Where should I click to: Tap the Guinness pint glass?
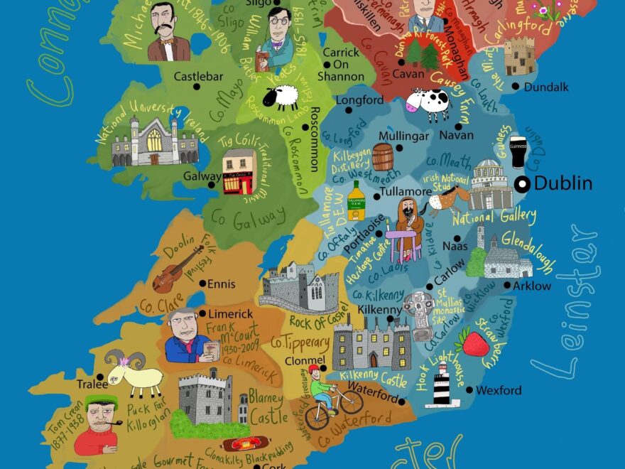pyautogui.click(x=518, y=151)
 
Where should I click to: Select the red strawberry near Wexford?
pyautogui.click(x=475, y=343)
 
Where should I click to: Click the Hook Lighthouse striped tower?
pyautogui.click(x=442, y=384)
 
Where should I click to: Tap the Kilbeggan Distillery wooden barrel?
pyautogui.click(x=383, y=157)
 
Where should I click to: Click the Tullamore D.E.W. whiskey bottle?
pyautogui.click(x=356, y=201)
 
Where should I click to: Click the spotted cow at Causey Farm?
pyautogui.click(x=429, y=103)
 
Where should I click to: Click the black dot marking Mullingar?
pyautogui.click(x=400, y=148)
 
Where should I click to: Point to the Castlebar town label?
pyautogui.click(x=198, y=75)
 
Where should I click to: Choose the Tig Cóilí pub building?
pyautogui.click(x=239, y=172)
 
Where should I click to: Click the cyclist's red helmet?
pyautogui.click(x=314, y=369)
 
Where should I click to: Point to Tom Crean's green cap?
pyautogui.click(x=101, y=401)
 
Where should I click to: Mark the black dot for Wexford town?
pyautogui.click(x=469, y=389)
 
